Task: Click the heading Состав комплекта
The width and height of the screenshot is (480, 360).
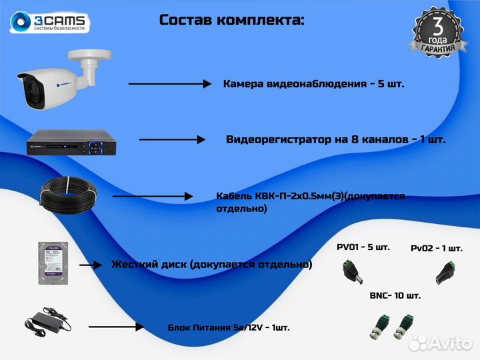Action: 231,19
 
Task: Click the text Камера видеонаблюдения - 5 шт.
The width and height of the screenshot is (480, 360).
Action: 313,84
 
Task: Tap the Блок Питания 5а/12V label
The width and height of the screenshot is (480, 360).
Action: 228,328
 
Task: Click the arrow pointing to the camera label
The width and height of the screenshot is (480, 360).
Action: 169,84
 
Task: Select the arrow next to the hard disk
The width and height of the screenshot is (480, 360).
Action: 94,265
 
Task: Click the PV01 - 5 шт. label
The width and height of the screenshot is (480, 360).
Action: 363,247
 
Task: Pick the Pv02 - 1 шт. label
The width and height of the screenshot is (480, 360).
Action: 437,248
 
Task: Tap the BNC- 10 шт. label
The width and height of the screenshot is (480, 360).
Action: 395,295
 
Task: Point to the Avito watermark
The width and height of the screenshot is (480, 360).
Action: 441,343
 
